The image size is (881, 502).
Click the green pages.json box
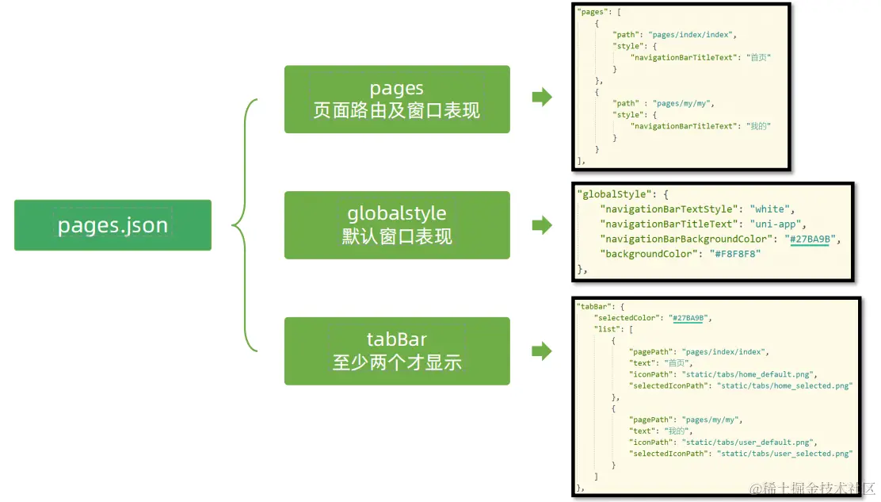point(113,225)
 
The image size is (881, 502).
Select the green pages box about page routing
point(396,99)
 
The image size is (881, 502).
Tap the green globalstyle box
point(396,224)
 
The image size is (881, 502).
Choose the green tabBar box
point(396,351)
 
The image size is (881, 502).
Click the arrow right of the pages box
point(542,98)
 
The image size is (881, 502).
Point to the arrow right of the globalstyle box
point(542,225)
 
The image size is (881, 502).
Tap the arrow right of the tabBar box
point(542,351)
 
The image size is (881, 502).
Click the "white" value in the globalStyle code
point(770,209)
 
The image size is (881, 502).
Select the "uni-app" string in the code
point(778,224)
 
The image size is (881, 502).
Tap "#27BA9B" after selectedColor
point(688,318)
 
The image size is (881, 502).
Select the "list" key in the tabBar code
point(604,329)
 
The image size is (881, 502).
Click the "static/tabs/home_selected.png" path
point(784,386)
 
